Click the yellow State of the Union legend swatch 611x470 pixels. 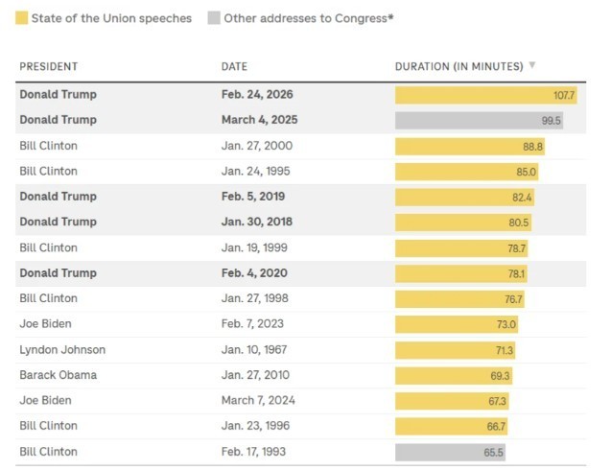tap(21, 17)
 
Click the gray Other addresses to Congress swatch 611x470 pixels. tap(214, 17)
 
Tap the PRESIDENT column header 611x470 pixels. tap(48, 66)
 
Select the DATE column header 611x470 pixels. tap(234, 66)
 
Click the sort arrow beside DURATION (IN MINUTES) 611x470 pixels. tap(532, 66)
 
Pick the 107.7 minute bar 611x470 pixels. tap(485, 95)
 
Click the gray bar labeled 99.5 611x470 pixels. tap(479, 121)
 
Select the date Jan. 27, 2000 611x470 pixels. tap(257, 146)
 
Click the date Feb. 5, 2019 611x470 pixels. tap(253, 197)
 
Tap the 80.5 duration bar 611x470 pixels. tap(462, 223)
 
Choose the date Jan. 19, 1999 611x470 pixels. tap(257, 247)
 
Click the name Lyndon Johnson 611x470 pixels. tap(62, 350)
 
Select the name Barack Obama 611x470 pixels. tap(58, 375)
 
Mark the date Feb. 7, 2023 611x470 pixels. tap(252, 324)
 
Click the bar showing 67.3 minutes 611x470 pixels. tap(452, 401)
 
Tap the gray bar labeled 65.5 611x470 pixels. tap(450, 452)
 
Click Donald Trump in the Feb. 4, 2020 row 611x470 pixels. tap(58, 273)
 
